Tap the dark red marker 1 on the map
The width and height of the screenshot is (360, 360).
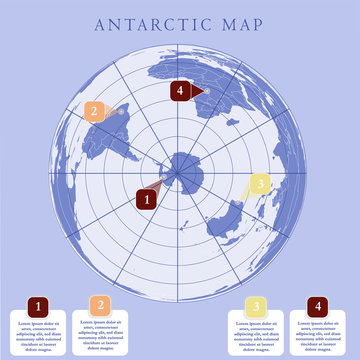coord(146,198)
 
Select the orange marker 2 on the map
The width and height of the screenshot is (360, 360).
coord(94,111)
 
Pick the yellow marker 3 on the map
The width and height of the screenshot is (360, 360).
coord(259,183)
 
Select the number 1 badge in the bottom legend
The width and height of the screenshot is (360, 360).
coord(38,306)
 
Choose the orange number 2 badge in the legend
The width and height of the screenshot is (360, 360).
coord(99,305)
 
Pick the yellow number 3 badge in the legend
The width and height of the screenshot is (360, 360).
coord(256,306)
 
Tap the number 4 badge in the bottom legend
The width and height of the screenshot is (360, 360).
coord(318,306)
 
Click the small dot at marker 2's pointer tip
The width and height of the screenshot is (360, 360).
coord(122,111)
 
